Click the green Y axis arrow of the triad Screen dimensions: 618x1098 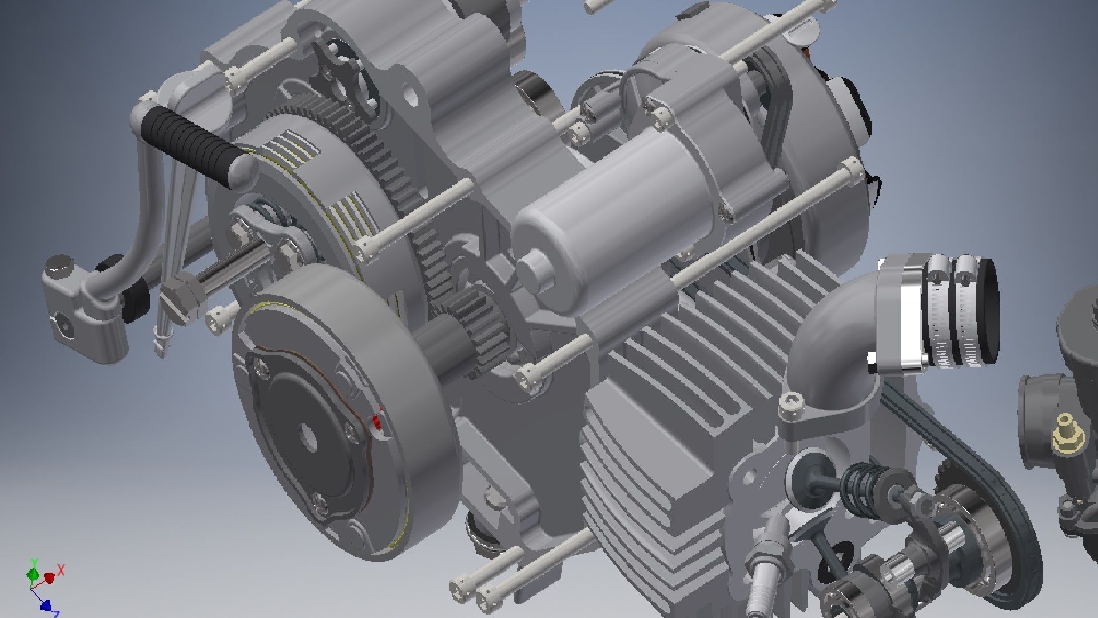click(x=33, y=572)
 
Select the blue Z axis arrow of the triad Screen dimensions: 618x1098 click(x=47, y=605)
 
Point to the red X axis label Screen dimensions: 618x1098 click(x=61, y=569)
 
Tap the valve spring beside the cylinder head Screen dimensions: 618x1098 click(x=864, y=481)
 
